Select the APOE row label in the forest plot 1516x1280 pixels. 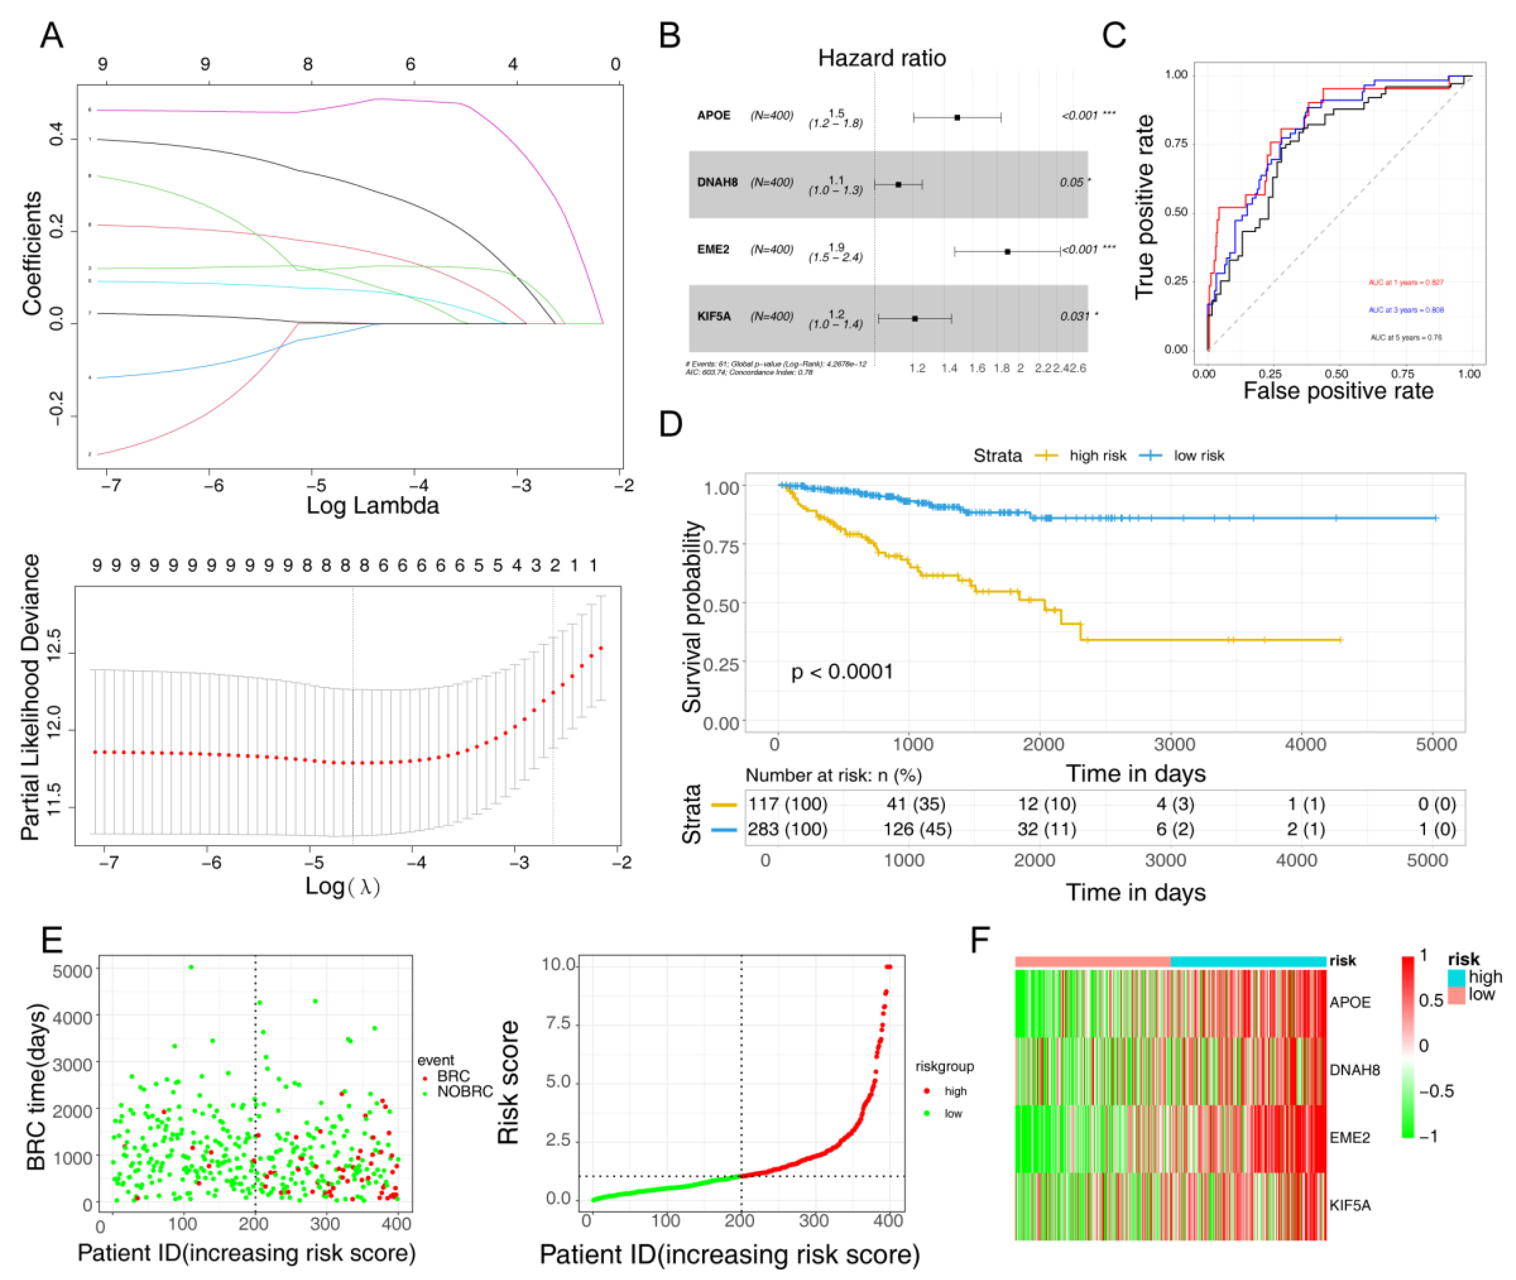click(713, 115)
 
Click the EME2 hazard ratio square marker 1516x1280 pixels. click(1007, 251)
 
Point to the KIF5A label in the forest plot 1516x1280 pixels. click(713, 317)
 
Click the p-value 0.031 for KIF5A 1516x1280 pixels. click(1074, 317)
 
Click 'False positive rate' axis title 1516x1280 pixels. click(1337, 391)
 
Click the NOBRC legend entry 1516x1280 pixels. click(465, 1091)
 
